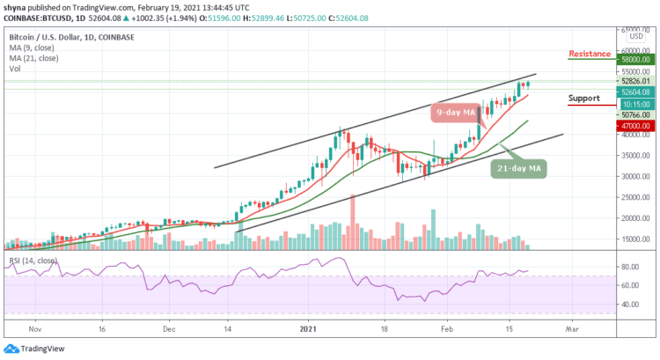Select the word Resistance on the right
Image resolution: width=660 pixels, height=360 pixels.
pos(590,54)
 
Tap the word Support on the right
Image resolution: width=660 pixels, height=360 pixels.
pos(585,98)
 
